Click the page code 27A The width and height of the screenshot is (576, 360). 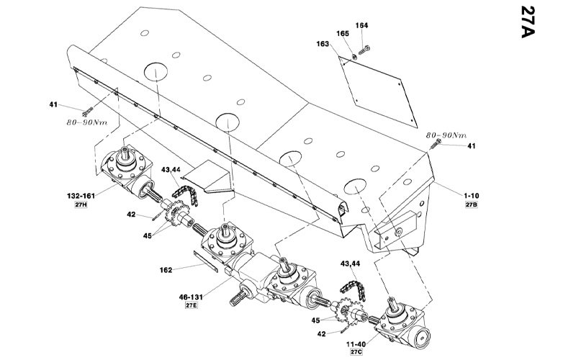pos(528,22)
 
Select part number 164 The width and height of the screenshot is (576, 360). pos(361,25)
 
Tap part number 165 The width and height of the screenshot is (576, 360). pos(343,33)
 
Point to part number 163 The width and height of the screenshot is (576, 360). pos(323,44)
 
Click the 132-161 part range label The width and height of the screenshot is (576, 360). pos(81,196)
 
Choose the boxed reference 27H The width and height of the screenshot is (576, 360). pos(81,204)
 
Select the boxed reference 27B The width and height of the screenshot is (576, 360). pos(472,204)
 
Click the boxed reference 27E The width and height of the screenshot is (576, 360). pos(191,305)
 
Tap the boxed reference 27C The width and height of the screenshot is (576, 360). pos(356,352)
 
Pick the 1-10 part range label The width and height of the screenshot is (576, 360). pos(472,196)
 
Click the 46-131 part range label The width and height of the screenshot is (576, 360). pos(191,297)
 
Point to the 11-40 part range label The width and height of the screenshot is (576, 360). pos(356,344)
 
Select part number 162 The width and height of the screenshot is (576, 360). pos(166,270)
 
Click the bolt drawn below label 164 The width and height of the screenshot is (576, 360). pos(364,50)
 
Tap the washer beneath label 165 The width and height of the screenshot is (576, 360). pos(354,57)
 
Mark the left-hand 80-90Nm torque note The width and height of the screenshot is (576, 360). pos(87,122)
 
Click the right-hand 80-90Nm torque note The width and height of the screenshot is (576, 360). pos(446,135)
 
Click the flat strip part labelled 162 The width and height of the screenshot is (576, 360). pos(206,261)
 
